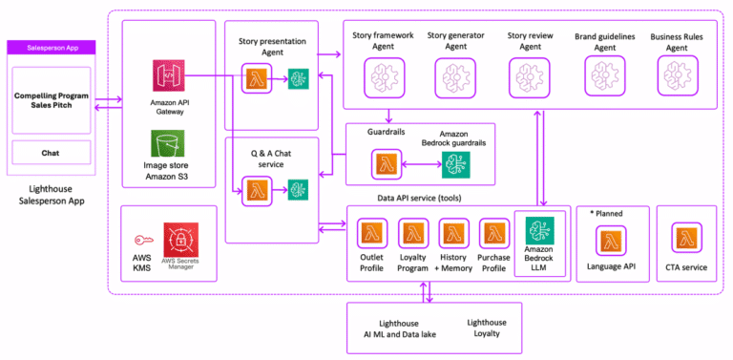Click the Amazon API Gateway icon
pos(168,77)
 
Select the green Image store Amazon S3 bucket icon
pos(168,146)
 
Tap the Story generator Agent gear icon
pos(455,74)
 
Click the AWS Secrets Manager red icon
pos(181,239)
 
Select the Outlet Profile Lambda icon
pos(370,233)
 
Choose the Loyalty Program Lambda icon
pos(412,233)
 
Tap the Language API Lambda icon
pos(614,239)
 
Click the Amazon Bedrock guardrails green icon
pos(455,164)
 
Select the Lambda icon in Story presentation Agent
pos(255,78)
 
